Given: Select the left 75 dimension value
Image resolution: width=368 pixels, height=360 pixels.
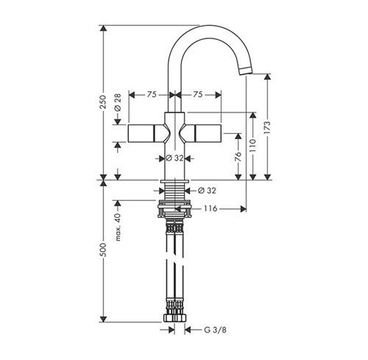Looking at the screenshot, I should [x=150, y=94].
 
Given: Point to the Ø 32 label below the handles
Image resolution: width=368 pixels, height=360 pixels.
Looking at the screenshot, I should [x=174, y=157].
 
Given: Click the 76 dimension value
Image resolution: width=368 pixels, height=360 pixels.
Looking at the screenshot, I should [x=237, y=156].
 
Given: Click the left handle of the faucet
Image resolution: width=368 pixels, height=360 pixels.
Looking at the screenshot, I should [x=148, y=134].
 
